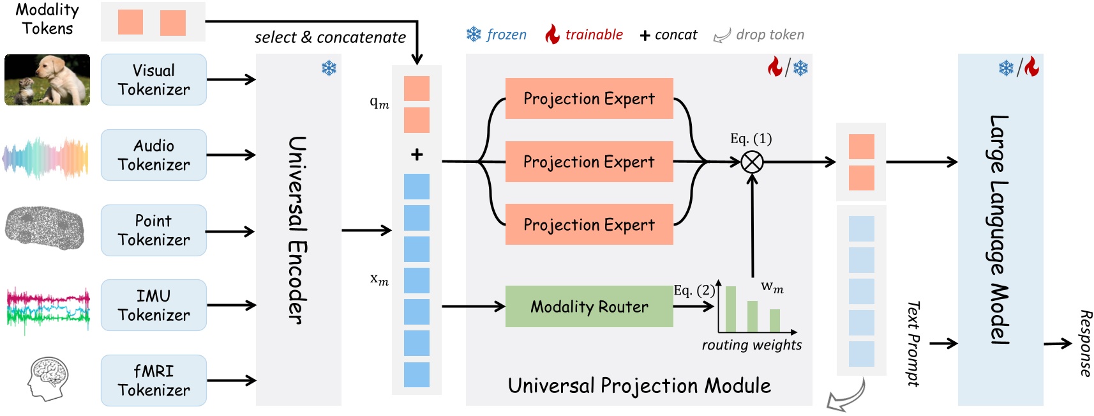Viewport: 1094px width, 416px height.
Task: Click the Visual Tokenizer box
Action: point(153,80)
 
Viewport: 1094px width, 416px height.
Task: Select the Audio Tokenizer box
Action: point(153,155)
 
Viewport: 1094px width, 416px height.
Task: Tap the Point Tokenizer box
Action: point(153,231)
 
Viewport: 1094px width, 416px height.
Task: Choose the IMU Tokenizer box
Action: point(153,305)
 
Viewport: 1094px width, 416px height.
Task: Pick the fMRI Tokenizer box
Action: point(153,381)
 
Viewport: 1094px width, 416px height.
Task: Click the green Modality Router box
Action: point(588,307)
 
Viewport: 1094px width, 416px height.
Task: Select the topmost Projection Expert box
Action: point(588,98)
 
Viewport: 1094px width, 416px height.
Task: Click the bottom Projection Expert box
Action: point(588,224)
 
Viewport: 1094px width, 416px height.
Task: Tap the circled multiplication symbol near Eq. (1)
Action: point(752,162)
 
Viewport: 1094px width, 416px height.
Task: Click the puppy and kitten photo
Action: point(47,80)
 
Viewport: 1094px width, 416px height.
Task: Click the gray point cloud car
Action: point(45,227)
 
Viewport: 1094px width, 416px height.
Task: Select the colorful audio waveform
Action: point(45,157)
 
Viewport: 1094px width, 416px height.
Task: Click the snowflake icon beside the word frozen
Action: point(474,35)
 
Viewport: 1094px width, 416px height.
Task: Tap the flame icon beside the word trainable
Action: point(552,35)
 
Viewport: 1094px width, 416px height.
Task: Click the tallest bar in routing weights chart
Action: point(731,309)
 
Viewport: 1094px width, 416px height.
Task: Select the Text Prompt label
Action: point(913,344)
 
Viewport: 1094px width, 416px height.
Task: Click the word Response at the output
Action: point(1085,344)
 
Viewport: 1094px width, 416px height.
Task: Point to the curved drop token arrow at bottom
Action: point(846,396)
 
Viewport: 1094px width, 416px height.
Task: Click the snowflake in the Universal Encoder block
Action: point(329,68)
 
